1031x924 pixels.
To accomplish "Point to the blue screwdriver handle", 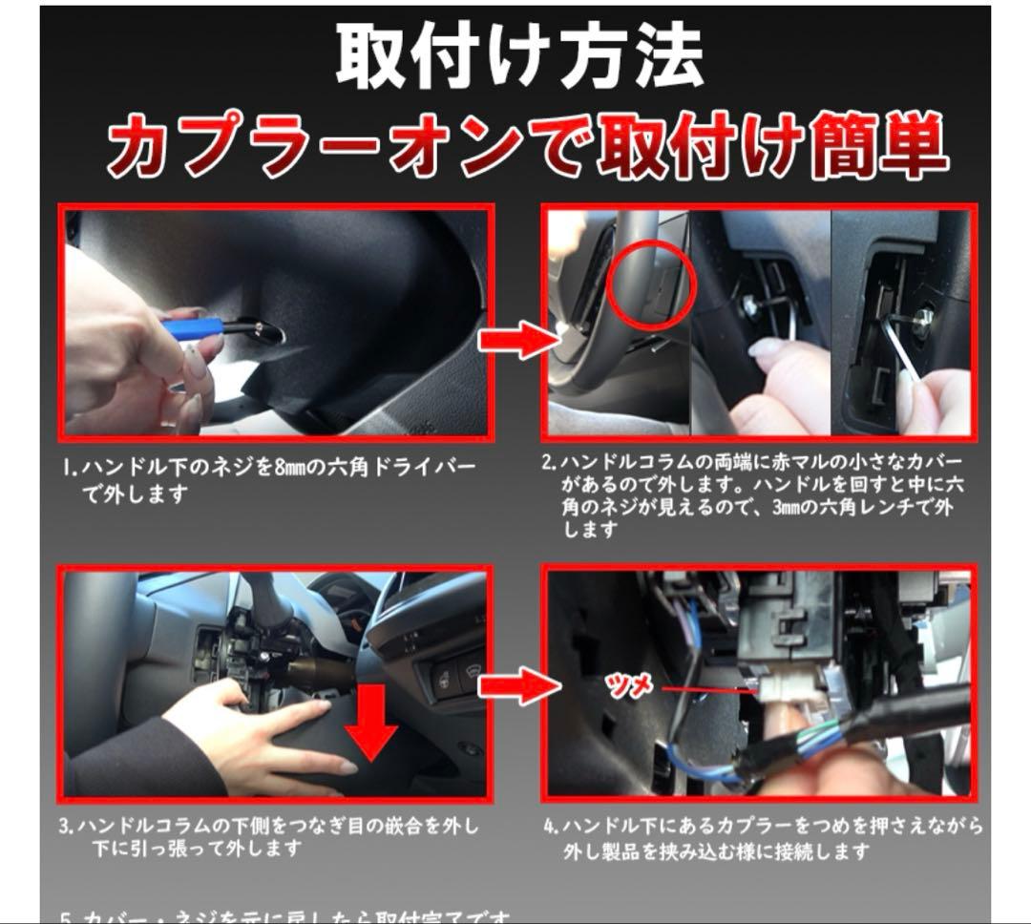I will [x=195, y=328].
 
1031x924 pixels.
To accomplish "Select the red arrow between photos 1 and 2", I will [x=516, y=340].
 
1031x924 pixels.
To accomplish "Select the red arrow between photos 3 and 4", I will [x=516, y=683].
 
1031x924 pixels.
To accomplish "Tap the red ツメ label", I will [x=631, y=685].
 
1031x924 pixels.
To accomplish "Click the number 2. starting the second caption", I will [x=549, y=463].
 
